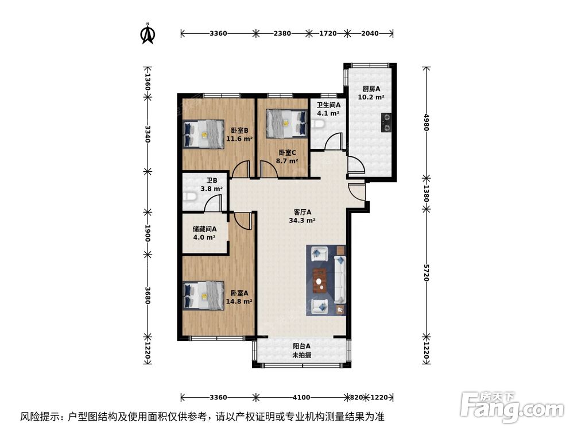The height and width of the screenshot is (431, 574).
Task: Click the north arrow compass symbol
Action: (148, 33)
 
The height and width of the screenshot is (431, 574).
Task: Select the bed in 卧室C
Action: (286, 123)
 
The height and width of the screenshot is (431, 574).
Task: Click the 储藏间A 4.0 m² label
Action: (204, 232)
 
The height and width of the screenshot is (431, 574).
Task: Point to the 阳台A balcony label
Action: (301, 351)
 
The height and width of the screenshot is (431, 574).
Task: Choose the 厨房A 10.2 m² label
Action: (371, 93)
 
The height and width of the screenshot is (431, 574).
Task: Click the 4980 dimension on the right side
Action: (426, 123)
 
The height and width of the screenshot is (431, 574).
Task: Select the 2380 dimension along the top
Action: (281, 33)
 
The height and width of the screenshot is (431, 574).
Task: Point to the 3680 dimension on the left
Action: (148, 295)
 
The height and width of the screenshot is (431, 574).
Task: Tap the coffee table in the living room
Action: (320, 280)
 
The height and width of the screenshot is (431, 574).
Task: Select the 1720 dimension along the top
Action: (327, 33)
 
